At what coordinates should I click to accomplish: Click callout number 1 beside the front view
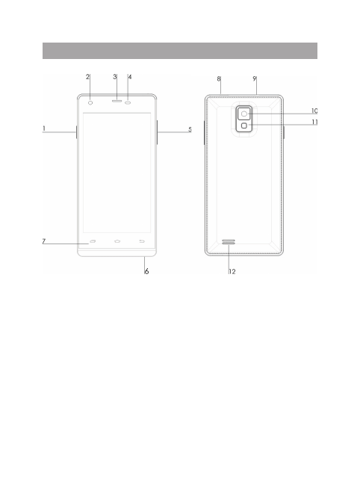[x=44, y=128]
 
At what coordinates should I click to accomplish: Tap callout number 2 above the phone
[x=87, y=77]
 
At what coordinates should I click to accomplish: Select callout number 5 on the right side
[x=190, y=129]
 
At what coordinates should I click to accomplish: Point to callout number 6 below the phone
[x=146, y=271]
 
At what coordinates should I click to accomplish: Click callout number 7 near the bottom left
[x=44, y=241]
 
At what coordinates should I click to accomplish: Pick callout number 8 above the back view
[x=219, y=79]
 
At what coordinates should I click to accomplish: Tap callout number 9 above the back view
[x=255, y=79]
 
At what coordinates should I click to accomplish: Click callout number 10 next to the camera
[x=314, y=111]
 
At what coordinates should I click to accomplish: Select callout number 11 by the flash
[x=314, y=122]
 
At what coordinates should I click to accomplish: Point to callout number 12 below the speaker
[x=232, y=272]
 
